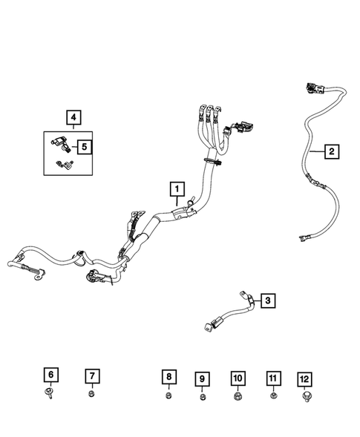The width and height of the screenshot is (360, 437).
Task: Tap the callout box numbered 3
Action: pos(269,300)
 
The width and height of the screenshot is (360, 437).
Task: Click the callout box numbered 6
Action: pos(49,375)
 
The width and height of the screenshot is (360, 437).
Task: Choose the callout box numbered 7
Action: pos(91,375)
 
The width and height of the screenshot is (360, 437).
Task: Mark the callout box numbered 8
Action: pos(169,377)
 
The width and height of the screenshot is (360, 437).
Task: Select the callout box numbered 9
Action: pos(202,379)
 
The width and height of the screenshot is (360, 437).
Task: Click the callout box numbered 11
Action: pos(273,379)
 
